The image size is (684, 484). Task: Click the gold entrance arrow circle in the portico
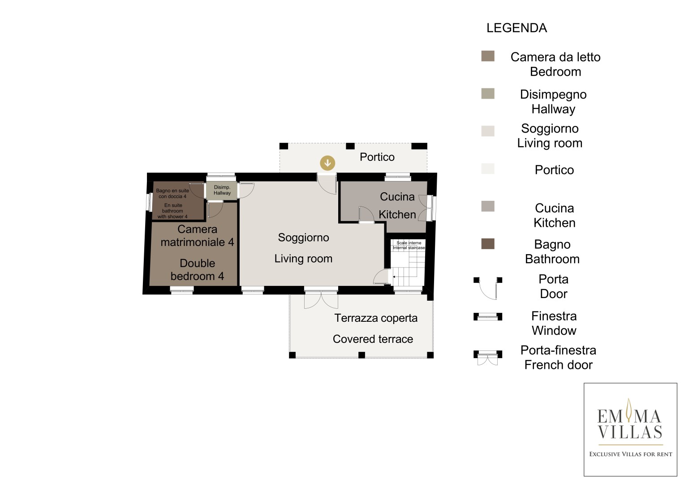pyautogui.click(x=327, y=163)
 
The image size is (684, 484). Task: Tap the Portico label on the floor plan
pyautogui.click(x=377, y=157)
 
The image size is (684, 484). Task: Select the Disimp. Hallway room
pyautogui.click(x=222, y=190)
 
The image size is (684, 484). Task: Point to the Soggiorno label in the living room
pyautogui.click(x=303, y=238)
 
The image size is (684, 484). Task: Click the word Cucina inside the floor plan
pyautogui.click(x=397, y=197)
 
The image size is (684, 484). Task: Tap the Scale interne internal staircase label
pyautogui.click(x=409, y=246)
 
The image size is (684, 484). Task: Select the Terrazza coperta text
pyautogui.click(x=375, y=318)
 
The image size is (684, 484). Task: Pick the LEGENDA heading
pyautogui.click(x=516, y=28)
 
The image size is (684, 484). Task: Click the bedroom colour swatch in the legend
pyautogui.click(x=488, y=56)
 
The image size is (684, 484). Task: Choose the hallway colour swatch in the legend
pyautogui.click(x=488, y=94)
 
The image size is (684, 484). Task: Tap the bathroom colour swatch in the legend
pyautogui.click(x=488, y=244)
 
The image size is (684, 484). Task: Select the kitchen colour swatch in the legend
pyautogui.click(x=488, y=206)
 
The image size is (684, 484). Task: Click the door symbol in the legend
pyautogui.click(x=488, y=288)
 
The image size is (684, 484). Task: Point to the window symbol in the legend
pyautogui.click(x=488, y=316)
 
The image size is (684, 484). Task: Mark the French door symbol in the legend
pyautogui.click(x=488, y=358)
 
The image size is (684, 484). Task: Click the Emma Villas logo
pyautogui.click(x=630, y=429)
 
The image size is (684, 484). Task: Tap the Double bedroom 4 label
pyautogui.click(x=197, y=269)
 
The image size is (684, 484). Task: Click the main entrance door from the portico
pyautogui.click(x=327, y=184)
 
